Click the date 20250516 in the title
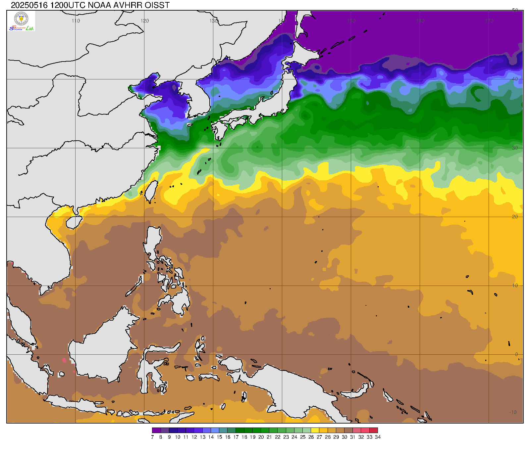coord(29,5)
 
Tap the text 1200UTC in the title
coord(68,5)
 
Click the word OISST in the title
coord(157,5)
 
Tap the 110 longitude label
coord(76,21)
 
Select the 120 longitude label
coord(145,21)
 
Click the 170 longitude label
coord(489,21)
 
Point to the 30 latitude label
coord(515,148)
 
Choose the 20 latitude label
coord(515,217)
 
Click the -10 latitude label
coord(513,412)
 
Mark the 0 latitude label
coord(516,354)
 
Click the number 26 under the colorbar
coord(311,437)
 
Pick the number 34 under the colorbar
coord(378,437)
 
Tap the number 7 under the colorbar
coord(152,437)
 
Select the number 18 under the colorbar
coord(244,437)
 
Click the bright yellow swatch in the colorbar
coord(315,430)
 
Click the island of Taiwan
coord(151,192)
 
